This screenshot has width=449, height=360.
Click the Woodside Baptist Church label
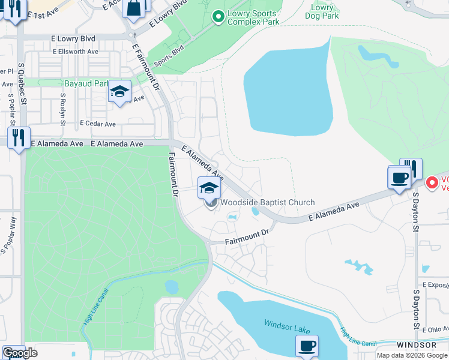pyautogui.click(x=267, y=203)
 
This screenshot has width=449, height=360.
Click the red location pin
pyautogui.click(x=431, y=182)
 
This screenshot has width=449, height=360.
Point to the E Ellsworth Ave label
pyautogui.click(x=75, y=52)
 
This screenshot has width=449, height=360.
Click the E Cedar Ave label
pyautogui.click(x=98, y=124)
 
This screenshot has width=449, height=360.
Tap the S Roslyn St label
pyautogui.click(x=62, y=106)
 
